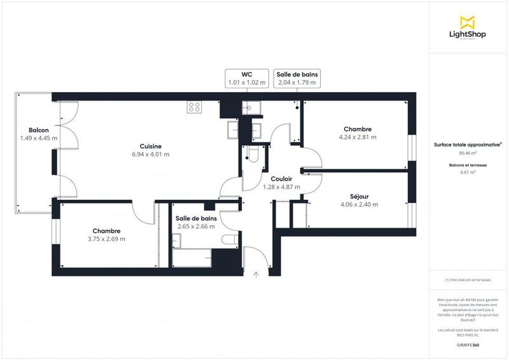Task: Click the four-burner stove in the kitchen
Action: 195,107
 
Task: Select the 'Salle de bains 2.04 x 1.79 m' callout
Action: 296,78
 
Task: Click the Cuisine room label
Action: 151,149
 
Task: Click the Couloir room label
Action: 281,183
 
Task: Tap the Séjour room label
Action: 359,200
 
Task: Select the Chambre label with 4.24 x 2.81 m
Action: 358,133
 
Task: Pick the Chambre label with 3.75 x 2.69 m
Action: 106,235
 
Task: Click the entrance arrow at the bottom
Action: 256,275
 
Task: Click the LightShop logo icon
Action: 468,23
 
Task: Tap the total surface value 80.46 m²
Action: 468,153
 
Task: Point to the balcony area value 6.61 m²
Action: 468,172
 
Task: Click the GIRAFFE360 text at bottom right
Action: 468,344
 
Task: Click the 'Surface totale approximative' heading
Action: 468,145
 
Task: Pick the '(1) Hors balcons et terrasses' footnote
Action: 468,280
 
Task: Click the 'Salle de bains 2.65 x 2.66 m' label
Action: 196,222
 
